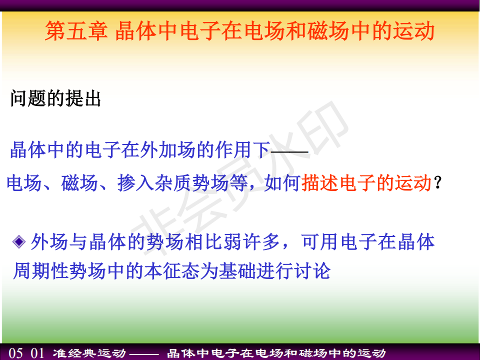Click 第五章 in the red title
click(76, 31)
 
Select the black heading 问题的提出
click(55, 98)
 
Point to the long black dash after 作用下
click(289, 151)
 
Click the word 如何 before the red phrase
click(282, 183)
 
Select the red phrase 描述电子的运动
click(366, 183)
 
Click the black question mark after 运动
click(438, 182)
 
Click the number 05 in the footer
click(15, 353)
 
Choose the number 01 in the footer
click(37, 353)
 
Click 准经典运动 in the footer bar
click(89, 353)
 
